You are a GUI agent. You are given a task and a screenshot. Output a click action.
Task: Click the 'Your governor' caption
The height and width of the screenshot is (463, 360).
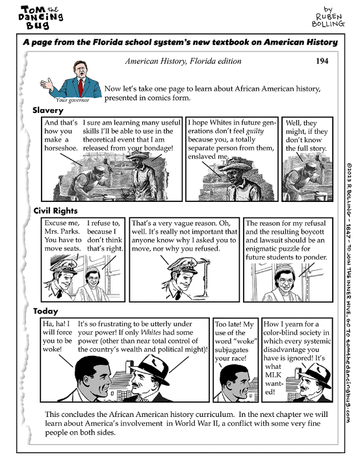pos(71,101)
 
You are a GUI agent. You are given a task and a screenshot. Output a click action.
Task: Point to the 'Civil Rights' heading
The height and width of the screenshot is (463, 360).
pos(56,211)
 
